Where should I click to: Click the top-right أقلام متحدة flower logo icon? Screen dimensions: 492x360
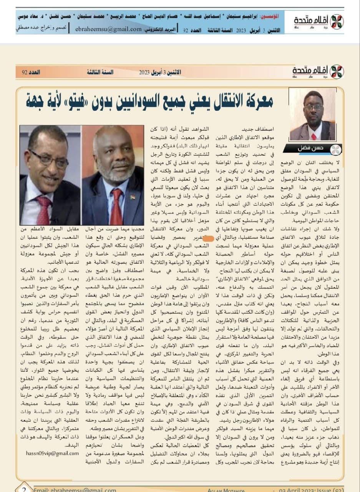pyautogui.click(x=337, y=22)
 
